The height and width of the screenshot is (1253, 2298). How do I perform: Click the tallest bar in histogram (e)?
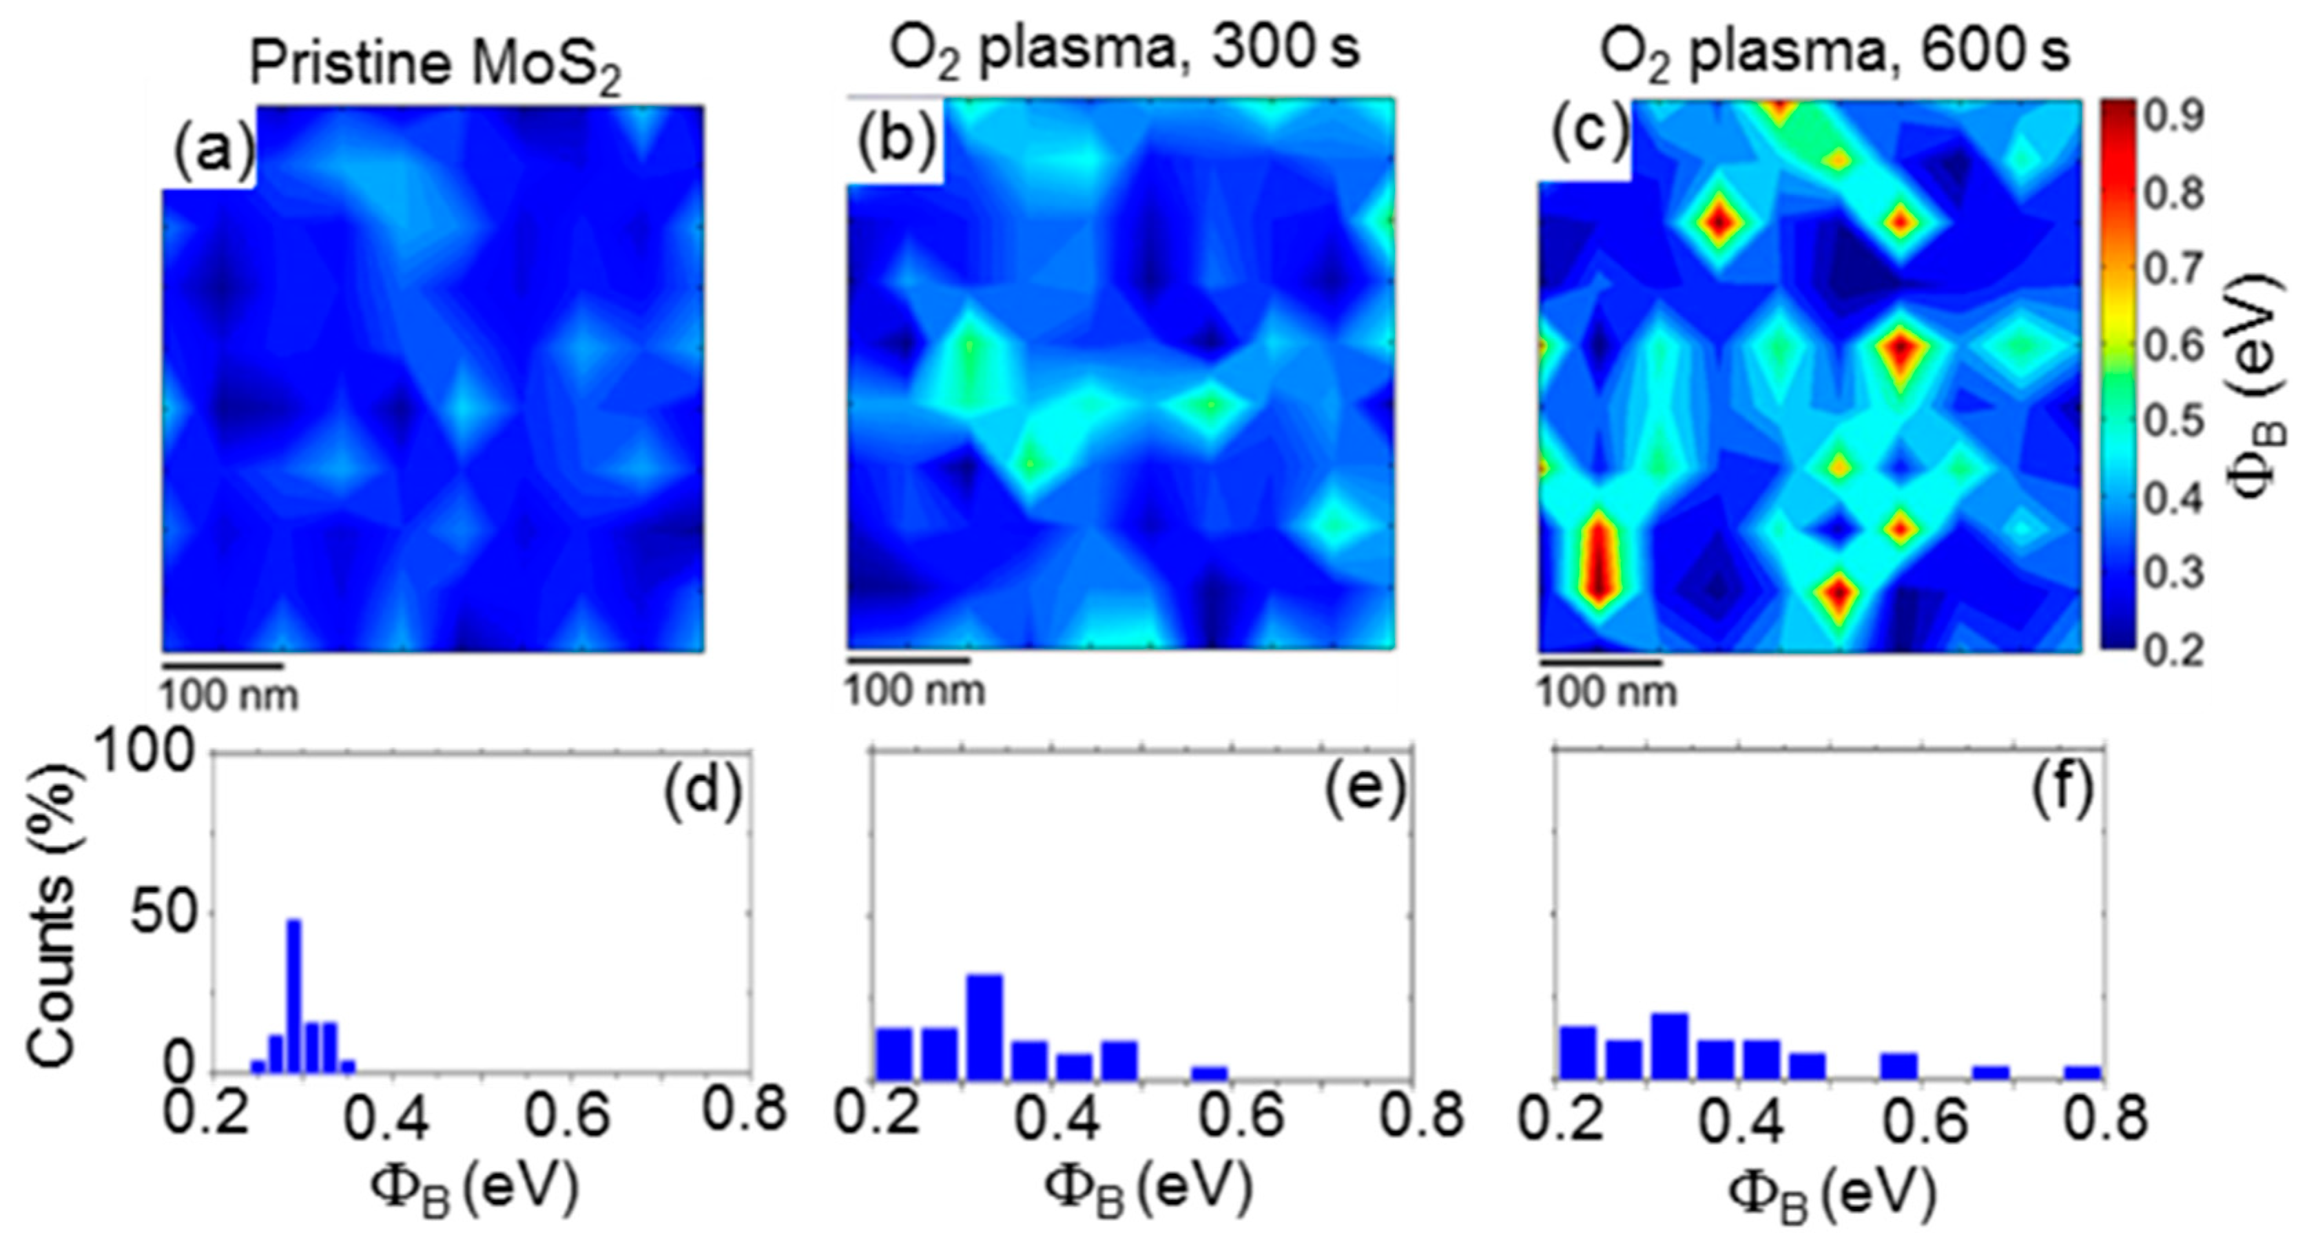pos(985,1026)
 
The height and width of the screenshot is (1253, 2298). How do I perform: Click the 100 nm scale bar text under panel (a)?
pos(229,696)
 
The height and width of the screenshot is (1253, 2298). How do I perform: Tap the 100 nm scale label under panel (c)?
pos(1606,693)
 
